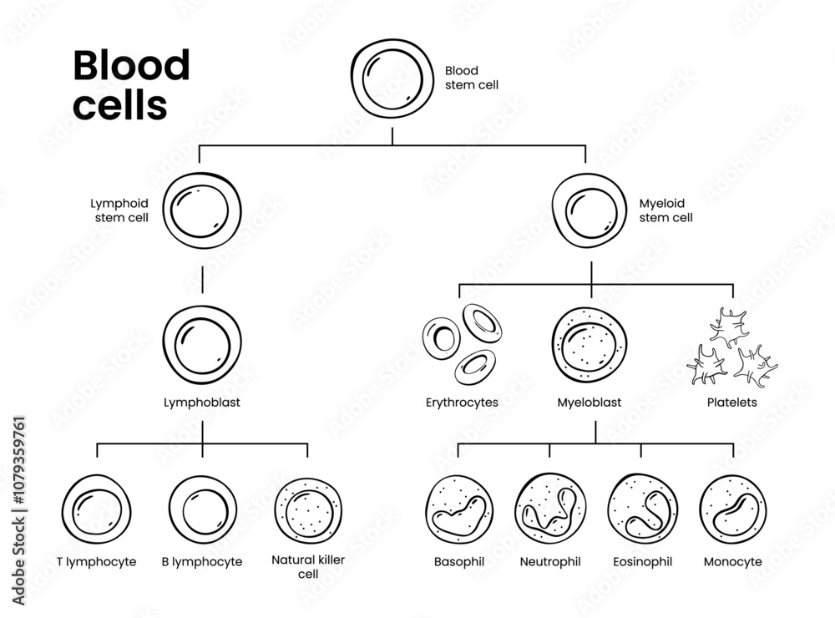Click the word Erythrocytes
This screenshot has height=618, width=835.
(462, 403)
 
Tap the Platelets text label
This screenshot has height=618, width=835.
(731, 403)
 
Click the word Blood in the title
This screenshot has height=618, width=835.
(131, 65)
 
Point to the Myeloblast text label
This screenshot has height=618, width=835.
(589, 403)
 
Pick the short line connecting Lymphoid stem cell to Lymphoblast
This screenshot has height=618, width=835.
(202, 280)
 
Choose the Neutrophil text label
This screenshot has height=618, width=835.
(550, 561)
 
